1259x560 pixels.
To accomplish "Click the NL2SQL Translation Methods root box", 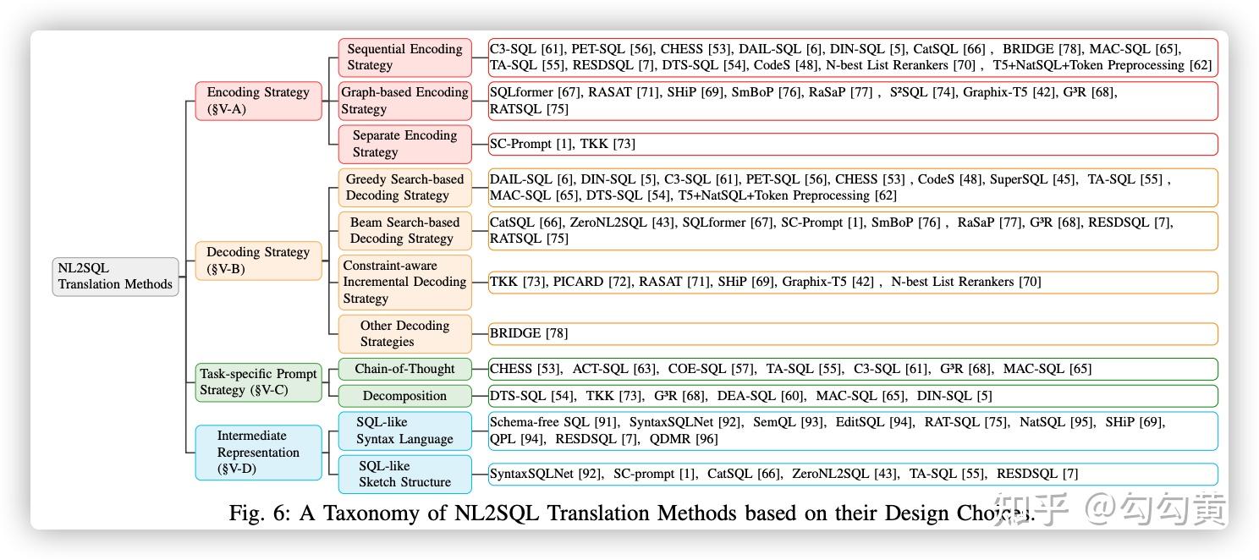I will click(115, 277).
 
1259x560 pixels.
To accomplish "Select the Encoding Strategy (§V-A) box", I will click(258, 101).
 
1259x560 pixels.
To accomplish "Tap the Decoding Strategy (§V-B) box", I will click(258, 261).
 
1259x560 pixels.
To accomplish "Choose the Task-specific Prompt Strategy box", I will click(258, 382).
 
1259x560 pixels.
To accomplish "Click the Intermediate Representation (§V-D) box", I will click(258, 453).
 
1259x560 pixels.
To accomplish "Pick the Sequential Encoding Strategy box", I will click(404, 58).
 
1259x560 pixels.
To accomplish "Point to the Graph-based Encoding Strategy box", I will click(404, 101).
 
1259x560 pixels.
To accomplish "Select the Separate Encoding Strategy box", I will click(404, 144).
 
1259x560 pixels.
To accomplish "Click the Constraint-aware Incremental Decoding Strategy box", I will click(404, 282).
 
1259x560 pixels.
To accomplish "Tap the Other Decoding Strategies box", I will click(404, 333).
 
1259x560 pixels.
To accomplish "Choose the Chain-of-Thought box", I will click(404, 369).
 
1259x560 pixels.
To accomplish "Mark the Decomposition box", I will click(404, 396).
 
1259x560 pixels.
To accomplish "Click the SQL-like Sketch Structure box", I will click(404, 474).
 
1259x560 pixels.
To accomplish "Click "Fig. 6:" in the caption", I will click(259, 513).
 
